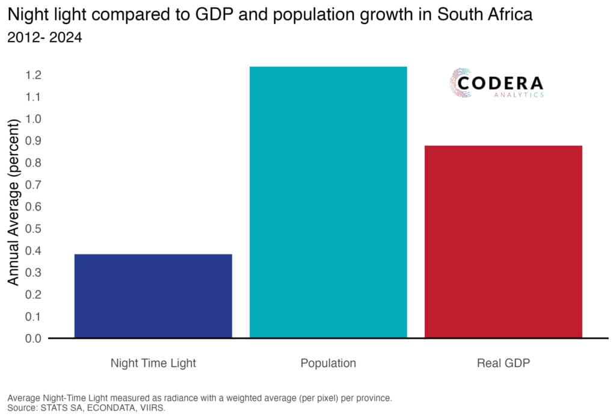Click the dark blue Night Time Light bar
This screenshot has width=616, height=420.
coord(153,295)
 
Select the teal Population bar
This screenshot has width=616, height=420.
coord(328,202)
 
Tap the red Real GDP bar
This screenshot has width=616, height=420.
coord(503,241)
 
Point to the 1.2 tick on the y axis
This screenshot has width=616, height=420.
coord(33,75)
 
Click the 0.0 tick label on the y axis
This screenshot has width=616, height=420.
coord(33,338)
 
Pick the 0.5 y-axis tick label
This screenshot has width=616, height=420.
coord(33,229)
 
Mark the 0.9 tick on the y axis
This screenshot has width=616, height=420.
coord(33,141)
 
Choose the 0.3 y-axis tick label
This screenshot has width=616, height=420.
coord(33,273)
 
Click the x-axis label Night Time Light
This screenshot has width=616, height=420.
coord(153,363)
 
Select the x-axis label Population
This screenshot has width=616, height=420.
coord(328,363)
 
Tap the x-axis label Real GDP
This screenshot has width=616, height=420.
coord(503,363)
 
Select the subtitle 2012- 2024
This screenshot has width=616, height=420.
coord(44,37)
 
